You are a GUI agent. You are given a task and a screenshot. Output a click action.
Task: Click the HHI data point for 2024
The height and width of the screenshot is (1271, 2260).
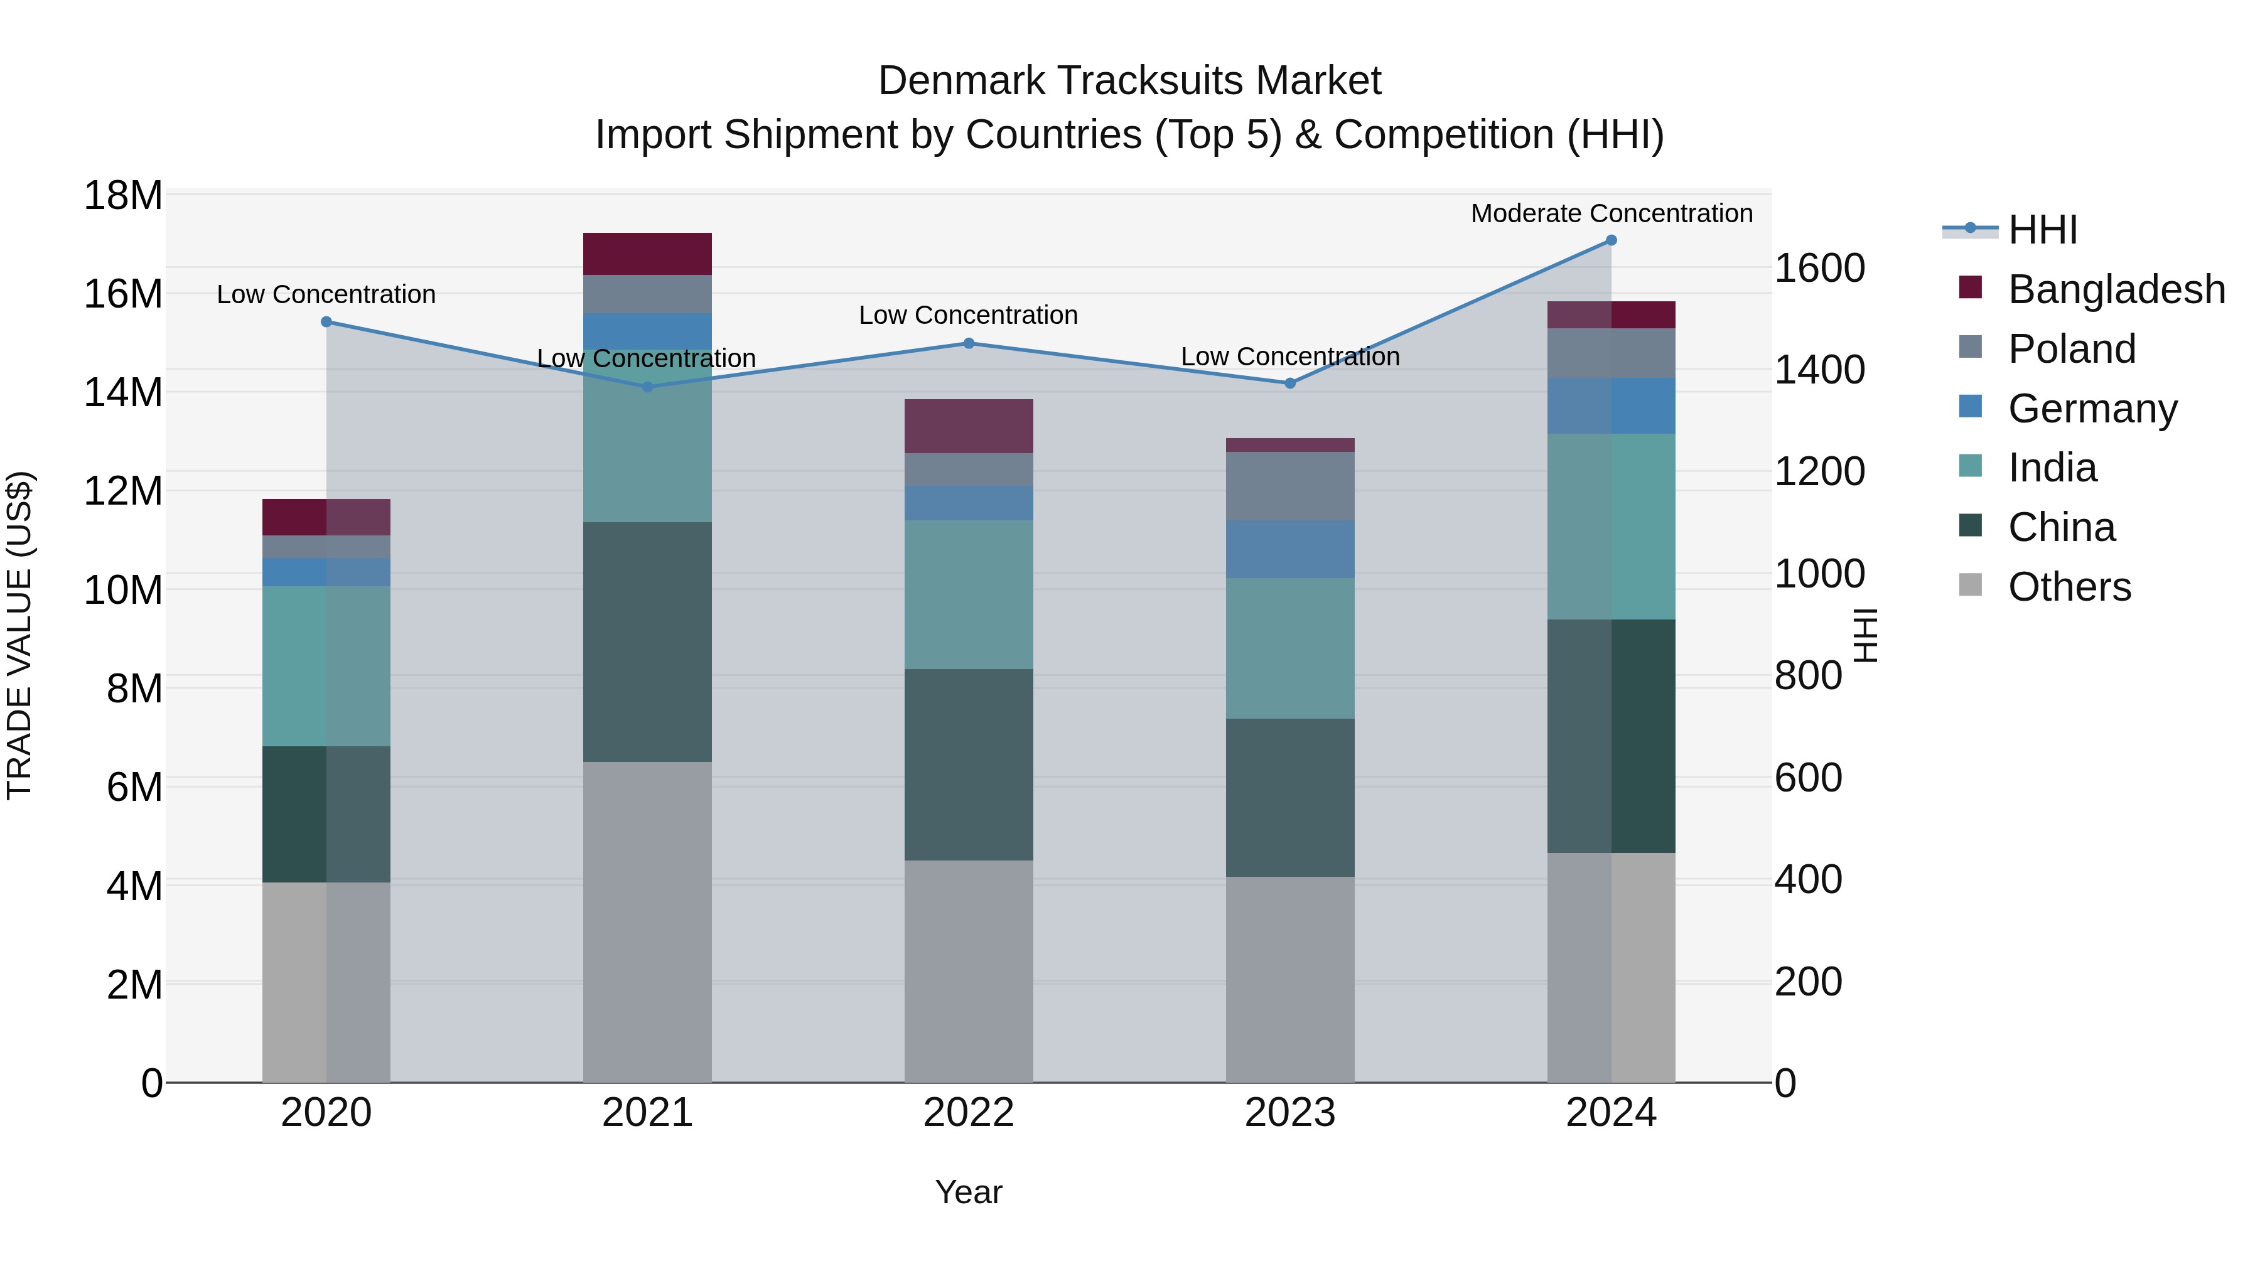pyautogui.click(x=1611, y=240)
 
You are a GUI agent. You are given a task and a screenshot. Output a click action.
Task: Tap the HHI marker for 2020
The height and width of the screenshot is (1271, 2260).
pyautogui.click(x=326, y=322)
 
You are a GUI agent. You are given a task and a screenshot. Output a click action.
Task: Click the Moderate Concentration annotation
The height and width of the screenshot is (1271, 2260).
pyautogui.click(x=1611, y=213)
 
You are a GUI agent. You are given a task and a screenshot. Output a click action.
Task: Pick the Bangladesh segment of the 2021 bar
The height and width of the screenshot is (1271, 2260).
pyautogui.click(x=647, y=254)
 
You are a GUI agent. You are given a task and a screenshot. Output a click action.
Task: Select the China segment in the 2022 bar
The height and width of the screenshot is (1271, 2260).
pyautogui.click(x=969, y=765)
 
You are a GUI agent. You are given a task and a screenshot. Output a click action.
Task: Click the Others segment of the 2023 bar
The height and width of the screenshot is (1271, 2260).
pyautogui.click(x=1289, y=979)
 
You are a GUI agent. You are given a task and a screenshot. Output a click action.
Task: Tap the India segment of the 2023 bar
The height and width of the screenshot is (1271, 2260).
pyautogui.click(x=1289, y=648)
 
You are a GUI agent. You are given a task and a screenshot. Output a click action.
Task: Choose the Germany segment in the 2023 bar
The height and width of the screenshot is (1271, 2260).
pyautogui.click(x=1289, y=549)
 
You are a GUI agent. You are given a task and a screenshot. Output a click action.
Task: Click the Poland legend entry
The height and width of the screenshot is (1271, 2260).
pyautogui.click(x=2072, y=349)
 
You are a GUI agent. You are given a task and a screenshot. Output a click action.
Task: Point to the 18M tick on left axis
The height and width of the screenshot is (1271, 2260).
pyautogui.click(x=123, y=196)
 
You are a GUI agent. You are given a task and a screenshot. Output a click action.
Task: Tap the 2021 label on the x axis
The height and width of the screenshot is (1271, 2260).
pyautogui.click(x=647, y=1113)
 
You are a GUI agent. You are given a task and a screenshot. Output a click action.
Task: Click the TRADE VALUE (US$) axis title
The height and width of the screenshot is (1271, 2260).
pyautogui.click(x=19, y=635)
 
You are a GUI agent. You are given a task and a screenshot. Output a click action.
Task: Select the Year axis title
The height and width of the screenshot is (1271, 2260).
pyautogui.click(x=969, y=1192)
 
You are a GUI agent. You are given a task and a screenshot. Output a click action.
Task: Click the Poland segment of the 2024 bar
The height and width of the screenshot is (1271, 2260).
pyautogui.click(x=1611, y=353)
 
